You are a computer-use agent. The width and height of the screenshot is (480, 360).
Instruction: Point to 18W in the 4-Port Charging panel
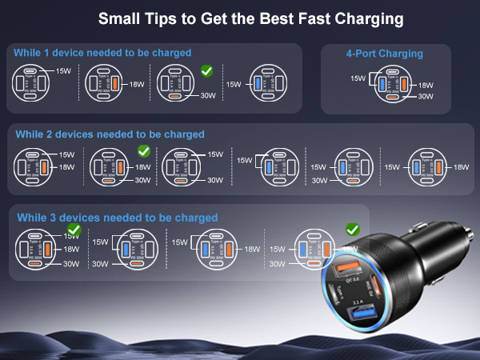pyautogui.click(x=426, y=84)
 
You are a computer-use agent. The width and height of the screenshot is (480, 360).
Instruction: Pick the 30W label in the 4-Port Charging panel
pyautogui.click(x=426, y=96)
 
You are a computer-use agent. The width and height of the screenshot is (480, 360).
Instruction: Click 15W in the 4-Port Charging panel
pyautogui.click(x=358, y=78)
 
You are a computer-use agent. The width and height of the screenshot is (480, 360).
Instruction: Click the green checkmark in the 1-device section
pyautogui.click(x=206, y=72)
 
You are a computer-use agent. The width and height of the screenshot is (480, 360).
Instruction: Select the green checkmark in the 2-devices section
pyautogui.click(x=144, y=150)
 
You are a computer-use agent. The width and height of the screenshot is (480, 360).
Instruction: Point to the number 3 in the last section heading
pyautogui.click(x=50, y=218)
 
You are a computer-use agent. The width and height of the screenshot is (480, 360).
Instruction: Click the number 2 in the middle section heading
pyautogui.click(x=50, y=134)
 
